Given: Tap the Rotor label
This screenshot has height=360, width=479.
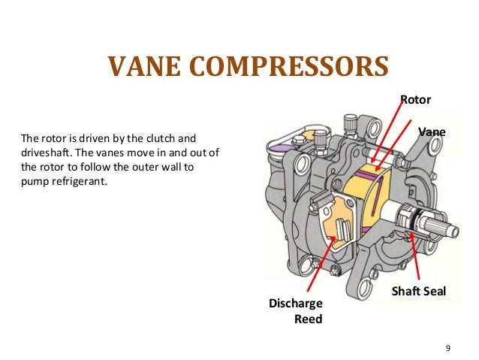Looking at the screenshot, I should (416, 99).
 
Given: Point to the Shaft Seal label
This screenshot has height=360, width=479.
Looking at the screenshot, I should (419, 291).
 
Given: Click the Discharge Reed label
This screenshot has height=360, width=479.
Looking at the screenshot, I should (296, 310).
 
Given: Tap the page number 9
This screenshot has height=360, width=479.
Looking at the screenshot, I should (448, 347).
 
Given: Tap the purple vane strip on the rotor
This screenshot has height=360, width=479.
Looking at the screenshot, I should (368, 174).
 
